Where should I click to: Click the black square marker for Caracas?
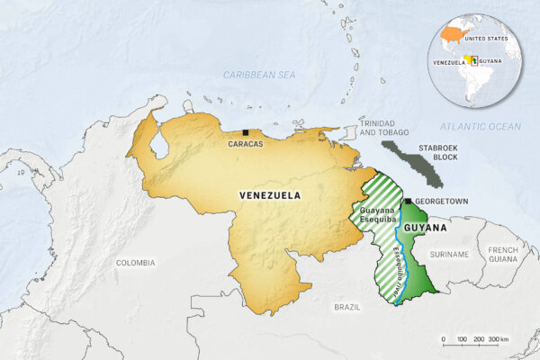[246, 132]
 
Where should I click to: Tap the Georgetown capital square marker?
[408, 201]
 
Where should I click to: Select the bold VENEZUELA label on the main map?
[269, 194]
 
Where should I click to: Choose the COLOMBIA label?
[136, 263]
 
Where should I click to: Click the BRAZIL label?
[346, 307]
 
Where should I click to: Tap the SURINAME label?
[450, 255]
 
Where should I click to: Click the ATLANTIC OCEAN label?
[480, 127]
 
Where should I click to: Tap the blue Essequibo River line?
[403, 261]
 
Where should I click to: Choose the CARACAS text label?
[246, 144]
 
